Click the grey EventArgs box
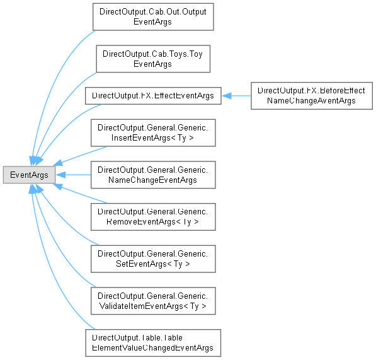click(x=29, y=175)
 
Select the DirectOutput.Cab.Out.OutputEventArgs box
click(x=153, y=17)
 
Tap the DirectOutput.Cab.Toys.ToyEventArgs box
click(x=153, y=59)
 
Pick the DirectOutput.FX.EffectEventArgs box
click(x=153, y=96)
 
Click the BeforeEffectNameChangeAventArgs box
click(x=312, y=96)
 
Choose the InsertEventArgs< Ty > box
click(x=153, y=133)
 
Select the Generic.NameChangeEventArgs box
click(x=153, y=175)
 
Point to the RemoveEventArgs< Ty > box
click(x=153, y=217)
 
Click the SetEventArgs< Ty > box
click(x=153, y=258)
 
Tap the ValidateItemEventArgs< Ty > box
click(x=153, y=301)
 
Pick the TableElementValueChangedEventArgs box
click(x=153, y=343)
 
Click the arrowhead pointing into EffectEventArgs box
click(x=226, y=96)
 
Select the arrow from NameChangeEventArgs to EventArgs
click(x=73, y=175)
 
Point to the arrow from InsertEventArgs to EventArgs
click(x=80, y=156)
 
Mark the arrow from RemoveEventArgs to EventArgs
click(x=80, y=194)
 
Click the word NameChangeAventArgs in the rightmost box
click(x=311, y=101)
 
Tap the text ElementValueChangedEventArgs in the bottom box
click(x=153, y=348)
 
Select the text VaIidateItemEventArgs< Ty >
click(x=153, y=306)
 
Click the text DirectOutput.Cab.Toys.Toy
click(x=153, y=54)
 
